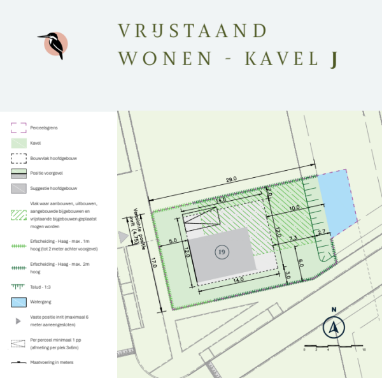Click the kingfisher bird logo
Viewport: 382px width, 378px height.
[53, 45]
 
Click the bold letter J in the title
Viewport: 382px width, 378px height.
[332, 59]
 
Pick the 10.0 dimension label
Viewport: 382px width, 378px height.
[294, 208]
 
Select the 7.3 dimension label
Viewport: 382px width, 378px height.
[293, 238]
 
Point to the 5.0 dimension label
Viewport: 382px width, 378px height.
[173, 241]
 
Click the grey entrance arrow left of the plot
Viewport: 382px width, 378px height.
[122, 236]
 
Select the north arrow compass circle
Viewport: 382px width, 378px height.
[333, 328]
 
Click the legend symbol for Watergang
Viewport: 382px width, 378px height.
[19, 302]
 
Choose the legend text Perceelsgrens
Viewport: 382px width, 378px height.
[44, 128]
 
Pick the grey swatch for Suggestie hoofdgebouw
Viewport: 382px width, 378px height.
[19, 189]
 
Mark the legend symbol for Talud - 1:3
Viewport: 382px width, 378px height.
[19, 286]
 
